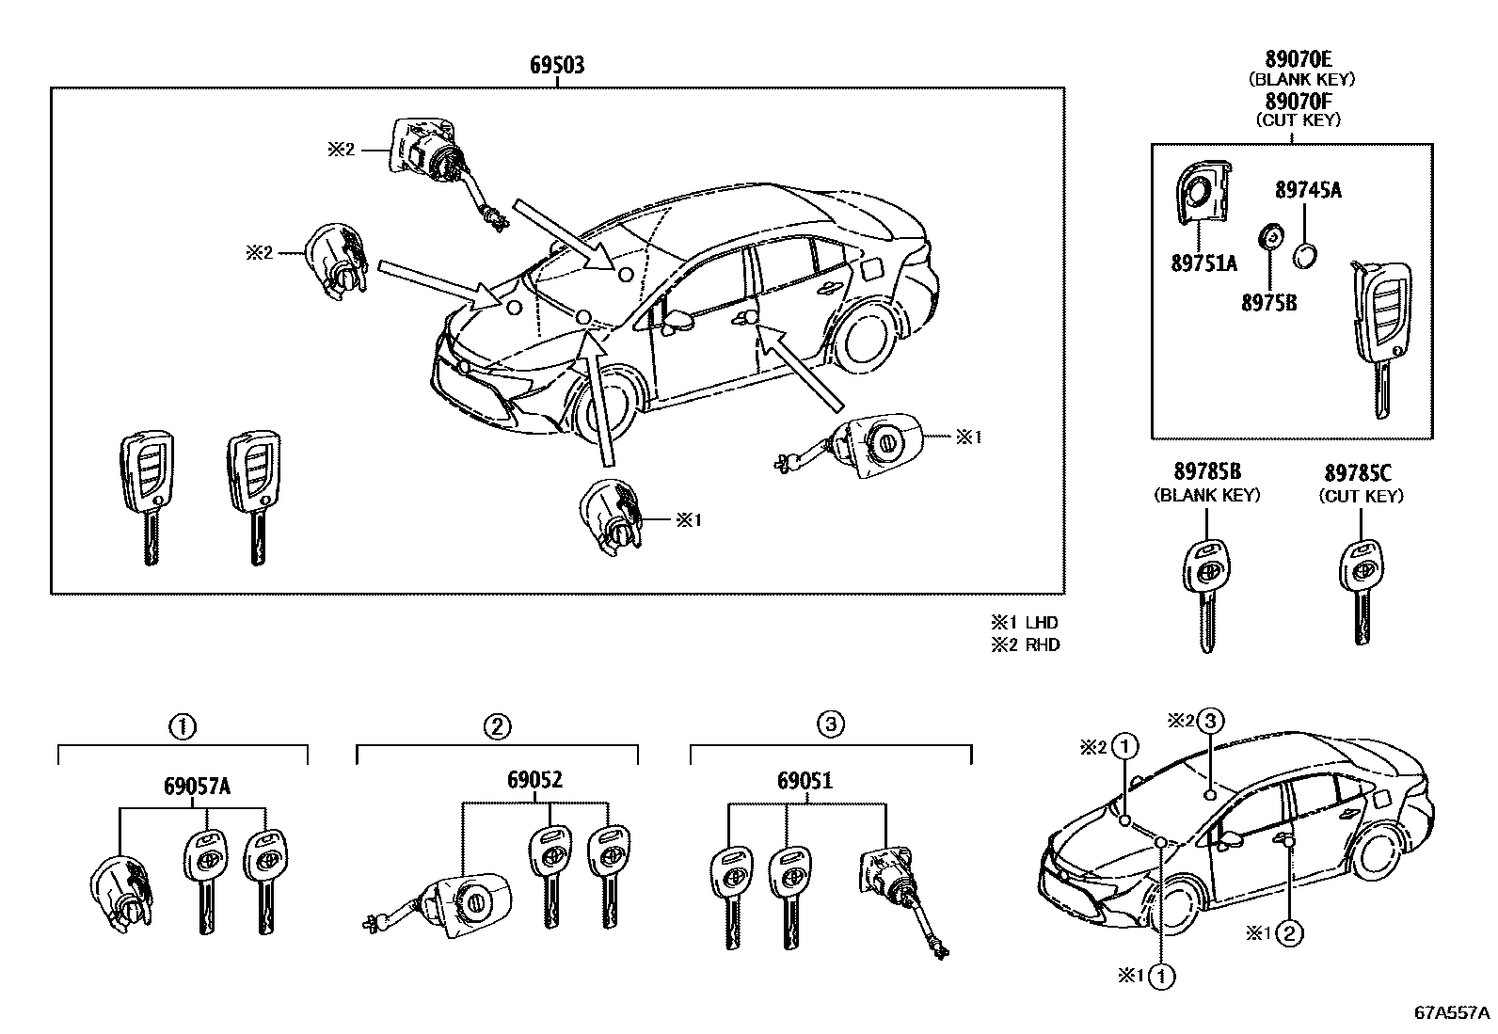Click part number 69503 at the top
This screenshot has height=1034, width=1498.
(556, 66)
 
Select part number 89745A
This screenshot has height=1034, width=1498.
(1308, 191)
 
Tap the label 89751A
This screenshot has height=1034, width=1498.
(1203, 264)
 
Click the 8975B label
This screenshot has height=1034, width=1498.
(1268, 303)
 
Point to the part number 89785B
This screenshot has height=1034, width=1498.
(1206, 474)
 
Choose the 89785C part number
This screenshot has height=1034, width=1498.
(1358, 474)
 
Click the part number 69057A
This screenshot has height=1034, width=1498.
(197, 787)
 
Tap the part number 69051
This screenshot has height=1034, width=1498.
(805, 780)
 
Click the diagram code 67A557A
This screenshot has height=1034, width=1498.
(1452, 1013)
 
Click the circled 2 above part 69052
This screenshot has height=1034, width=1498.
(497, 725)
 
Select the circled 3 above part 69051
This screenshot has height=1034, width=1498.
(830, 724)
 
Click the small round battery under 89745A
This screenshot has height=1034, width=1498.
(1304, 255)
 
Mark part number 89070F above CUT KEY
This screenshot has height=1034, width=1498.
(1298, 101)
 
